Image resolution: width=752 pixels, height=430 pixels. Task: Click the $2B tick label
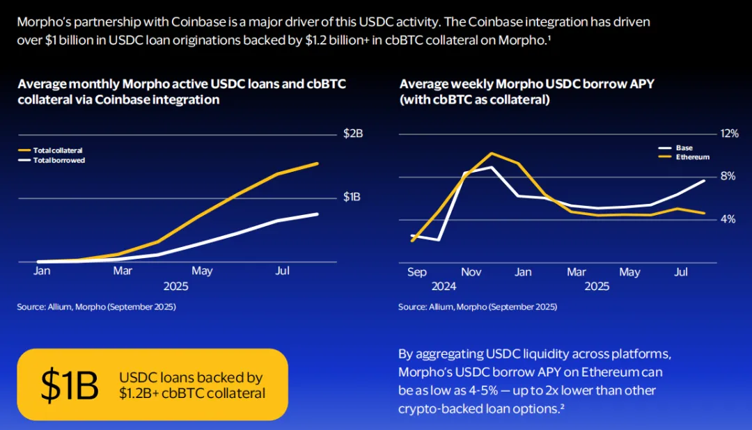(353, 134)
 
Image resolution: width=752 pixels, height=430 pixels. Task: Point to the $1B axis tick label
(352, 197)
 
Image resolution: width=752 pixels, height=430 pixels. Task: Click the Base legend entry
(684, 148)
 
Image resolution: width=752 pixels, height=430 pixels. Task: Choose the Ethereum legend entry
(692, 157)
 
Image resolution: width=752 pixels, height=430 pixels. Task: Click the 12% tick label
(728, 134)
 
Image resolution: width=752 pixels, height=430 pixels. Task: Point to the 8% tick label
(728, 177)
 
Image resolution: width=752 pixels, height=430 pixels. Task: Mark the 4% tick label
(728, 219)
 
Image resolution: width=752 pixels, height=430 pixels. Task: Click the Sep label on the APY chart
(417, 272)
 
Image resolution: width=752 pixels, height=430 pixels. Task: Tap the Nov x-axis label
(471, 272)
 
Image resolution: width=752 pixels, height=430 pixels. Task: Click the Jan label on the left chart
(42, 271)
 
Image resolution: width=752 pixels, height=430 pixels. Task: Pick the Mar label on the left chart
(123, 271)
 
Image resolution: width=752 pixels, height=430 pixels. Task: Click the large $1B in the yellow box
(70, 385)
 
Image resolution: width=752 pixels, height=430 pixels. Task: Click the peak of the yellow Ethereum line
(492, 153)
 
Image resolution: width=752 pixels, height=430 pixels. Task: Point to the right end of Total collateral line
(318, 164)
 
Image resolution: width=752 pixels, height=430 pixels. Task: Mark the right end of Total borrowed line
(318, 214)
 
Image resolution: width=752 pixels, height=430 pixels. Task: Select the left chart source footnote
(97, 307)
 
